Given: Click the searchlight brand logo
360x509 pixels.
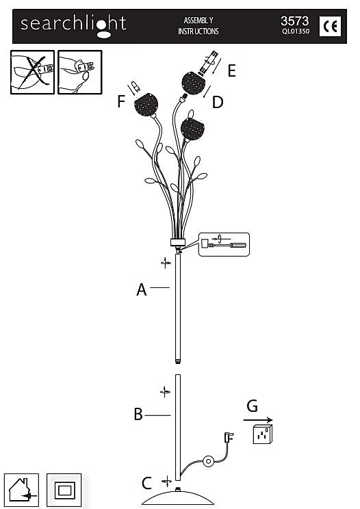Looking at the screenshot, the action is point(73,25).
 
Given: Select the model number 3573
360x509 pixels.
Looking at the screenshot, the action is point(295,21).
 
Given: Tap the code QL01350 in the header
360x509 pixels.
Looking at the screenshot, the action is point(296,31).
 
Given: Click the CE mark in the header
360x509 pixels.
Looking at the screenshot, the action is point(330,26).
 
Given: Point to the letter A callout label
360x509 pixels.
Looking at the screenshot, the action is point(142,289).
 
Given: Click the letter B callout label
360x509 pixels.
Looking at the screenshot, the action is point(138,414).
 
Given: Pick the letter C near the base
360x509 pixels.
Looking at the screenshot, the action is point(146,483).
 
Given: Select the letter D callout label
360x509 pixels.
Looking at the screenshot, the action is point(218,102).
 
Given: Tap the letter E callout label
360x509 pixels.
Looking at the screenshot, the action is point(231,70).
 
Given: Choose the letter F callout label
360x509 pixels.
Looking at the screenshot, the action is point(121,101).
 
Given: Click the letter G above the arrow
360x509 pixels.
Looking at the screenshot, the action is point(253,406).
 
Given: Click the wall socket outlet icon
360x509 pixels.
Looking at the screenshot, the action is point(263,434).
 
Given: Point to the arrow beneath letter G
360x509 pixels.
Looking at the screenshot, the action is point(258,420).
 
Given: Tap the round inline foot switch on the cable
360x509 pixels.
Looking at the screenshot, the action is point(208,461).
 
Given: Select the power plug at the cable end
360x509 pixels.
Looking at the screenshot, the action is point(229,437).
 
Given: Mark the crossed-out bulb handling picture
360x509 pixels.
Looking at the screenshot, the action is point(32,72).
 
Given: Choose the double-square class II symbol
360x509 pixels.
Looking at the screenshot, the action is point(64,490).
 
